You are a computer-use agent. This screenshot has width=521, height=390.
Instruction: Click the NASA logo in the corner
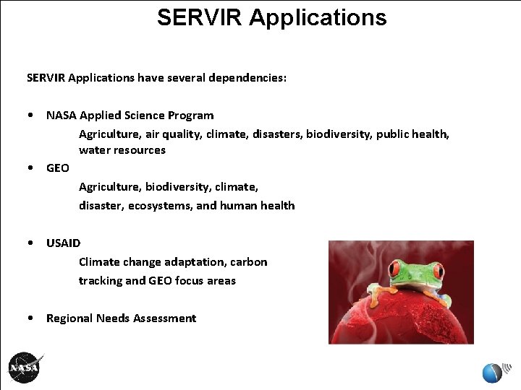(x=25, y=368)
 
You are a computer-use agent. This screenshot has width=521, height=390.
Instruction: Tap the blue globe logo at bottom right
(x=492, y=373)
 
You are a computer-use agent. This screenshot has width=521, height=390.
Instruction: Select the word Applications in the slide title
(x=318, y=17)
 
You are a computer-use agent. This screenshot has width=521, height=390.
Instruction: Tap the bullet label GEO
(x=58, y=168)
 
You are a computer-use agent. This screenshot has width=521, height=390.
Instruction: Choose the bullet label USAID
(x=64, y=243)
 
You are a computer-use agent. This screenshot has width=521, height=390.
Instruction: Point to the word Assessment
(x=166, y=318)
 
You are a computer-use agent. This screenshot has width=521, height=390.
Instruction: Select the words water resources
(x=122, y=150)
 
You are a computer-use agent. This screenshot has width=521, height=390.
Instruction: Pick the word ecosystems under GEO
(x=160, y=206)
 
